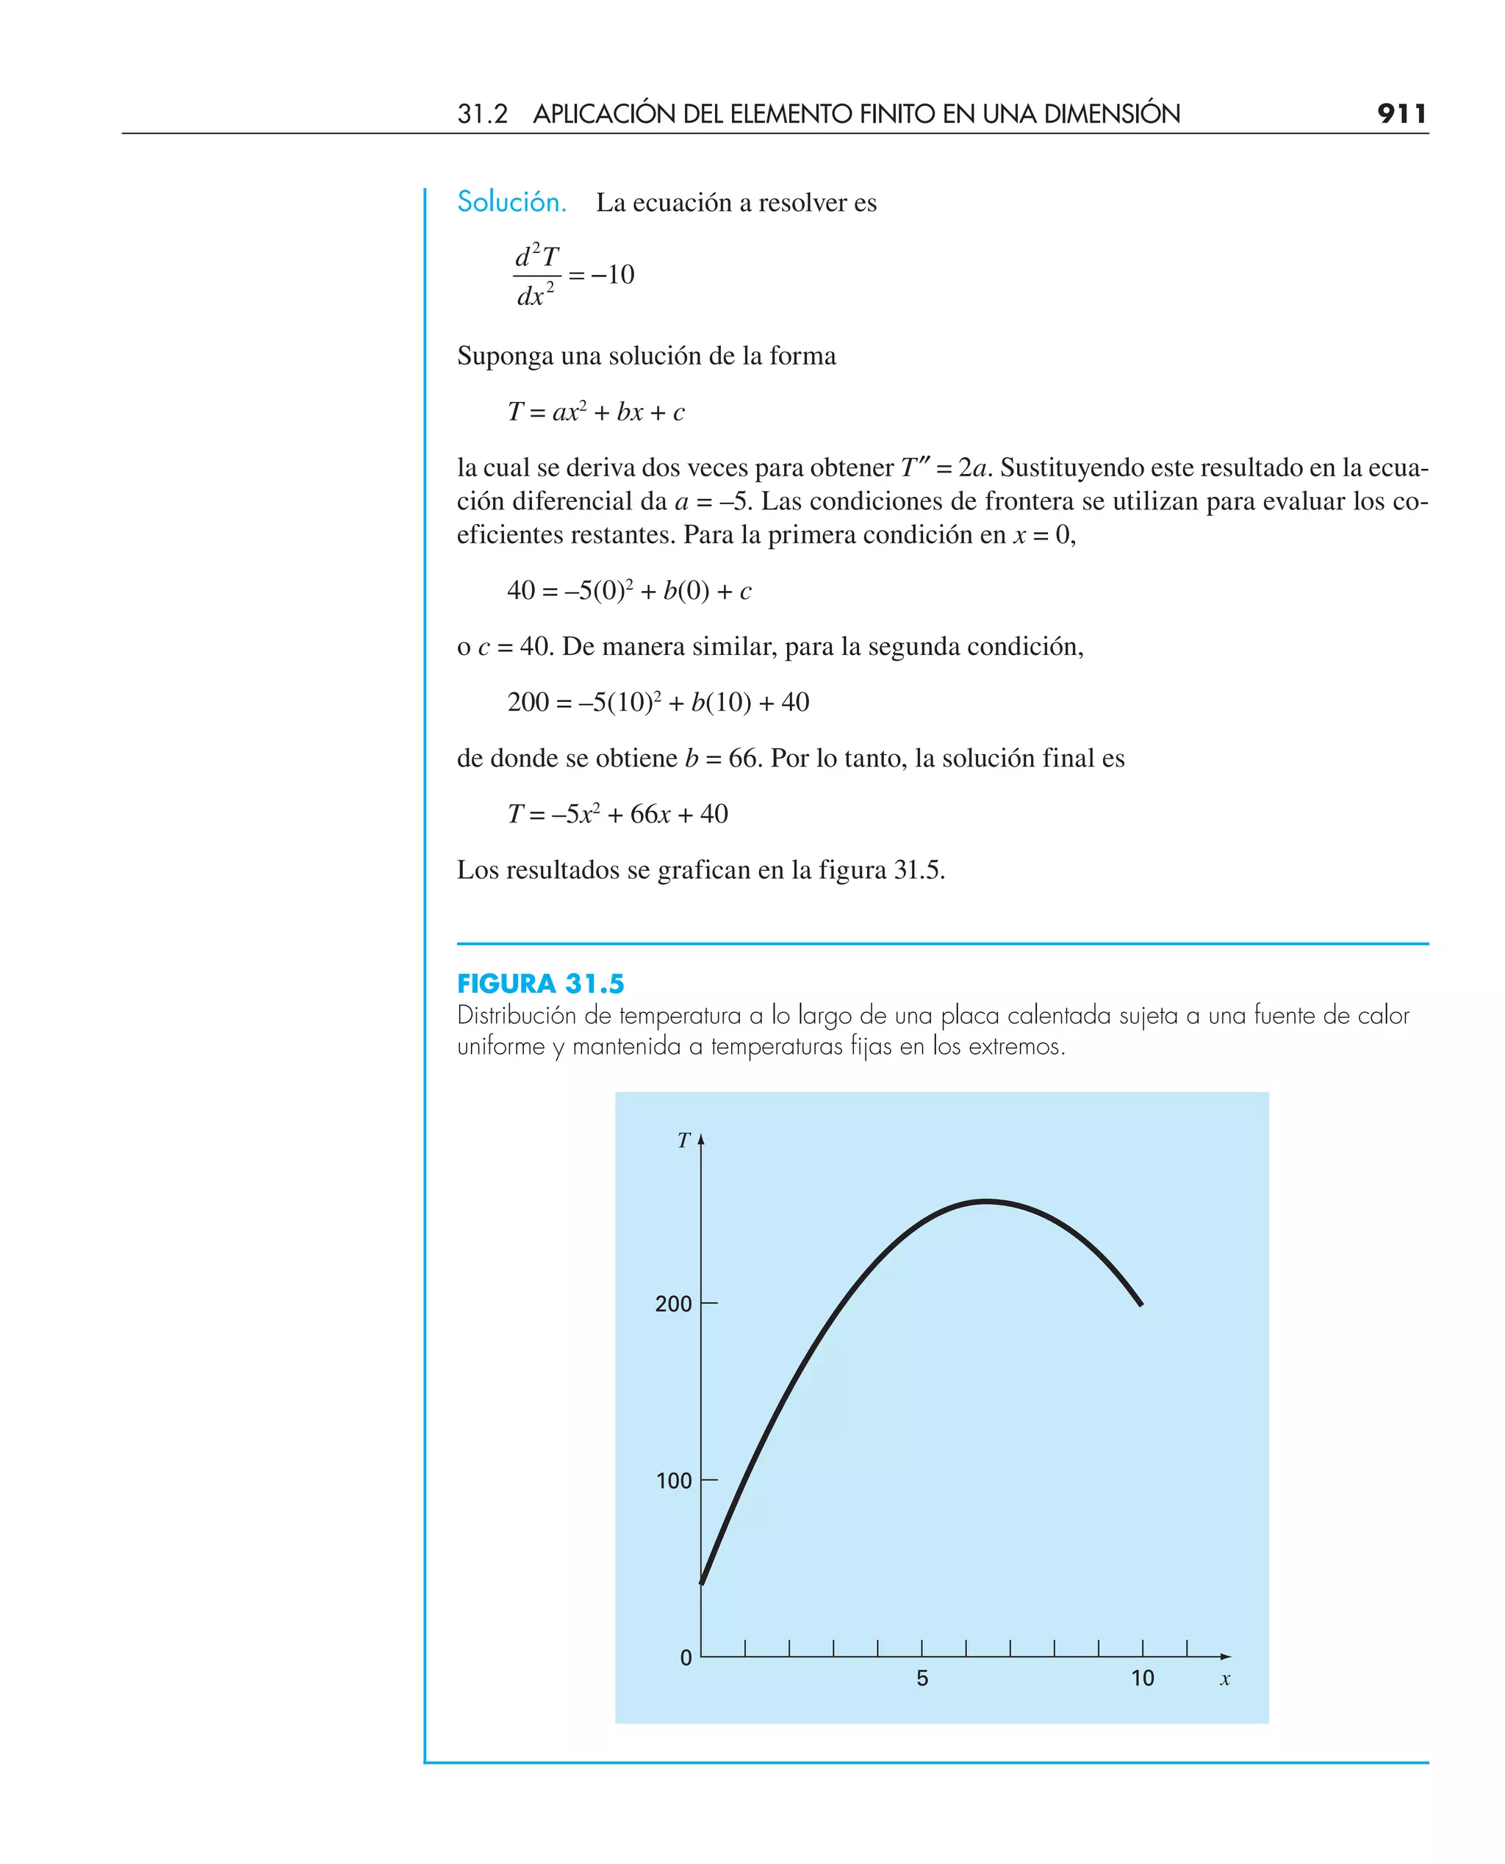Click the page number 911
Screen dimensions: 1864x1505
tap(1401, 114)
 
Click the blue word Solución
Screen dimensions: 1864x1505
tap(511, 202)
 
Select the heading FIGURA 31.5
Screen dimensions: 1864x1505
tap(540, 984)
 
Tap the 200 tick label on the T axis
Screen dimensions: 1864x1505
tap(672, 1304)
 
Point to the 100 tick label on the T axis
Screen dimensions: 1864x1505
tap(674, 1481)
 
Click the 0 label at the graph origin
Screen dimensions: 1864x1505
tap(686, 1658)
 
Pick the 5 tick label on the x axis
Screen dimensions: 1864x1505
tap(922, 1679)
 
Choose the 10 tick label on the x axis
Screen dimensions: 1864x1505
tap(1143, 1679)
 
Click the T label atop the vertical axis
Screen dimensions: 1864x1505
tap(684, 1141)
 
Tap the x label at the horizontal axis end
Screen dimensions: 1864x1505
tap(1225, 1680)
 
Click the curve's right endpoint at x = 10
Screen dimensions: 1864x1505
tap(1141, 1303)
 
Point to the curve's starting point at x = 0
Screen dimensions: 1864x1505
tap(703, 1583)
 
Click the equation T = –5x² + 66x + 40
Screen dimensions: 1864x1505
tap(617, 814)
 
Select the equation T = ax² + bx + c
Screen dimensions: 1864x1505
tap(595, 412)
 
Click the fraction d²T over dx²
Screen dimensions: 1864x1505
tap(536, 276)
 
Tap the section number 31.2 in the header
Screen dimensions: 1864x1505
tap(482, 114)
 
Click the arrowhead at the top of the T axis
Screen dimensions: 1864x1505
tap(701, 1139)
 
